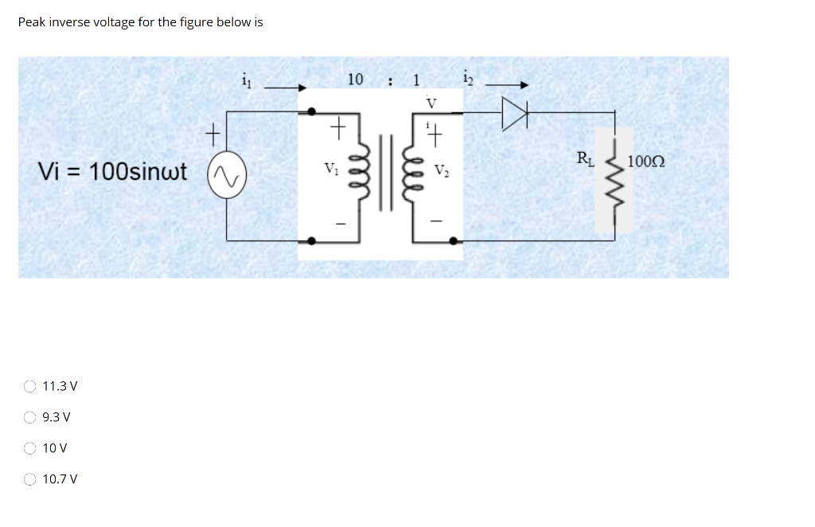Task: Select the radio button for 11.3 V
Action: point(29,387)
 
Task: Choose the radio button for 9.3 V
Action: point(29,417)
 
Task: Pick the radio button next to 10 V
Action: point(29,448)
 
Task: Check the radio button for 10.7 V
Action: point(29,479)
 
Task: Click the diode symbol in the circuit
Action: point(514,116)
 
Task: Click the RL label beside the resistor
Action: point(585,156)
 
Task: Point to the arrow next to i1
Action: point(286,88)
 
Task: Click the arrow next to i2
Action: point(506,85)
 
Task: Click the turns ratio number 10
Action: point(355,79)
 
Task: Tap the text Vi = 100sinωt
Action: point(112,171)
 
